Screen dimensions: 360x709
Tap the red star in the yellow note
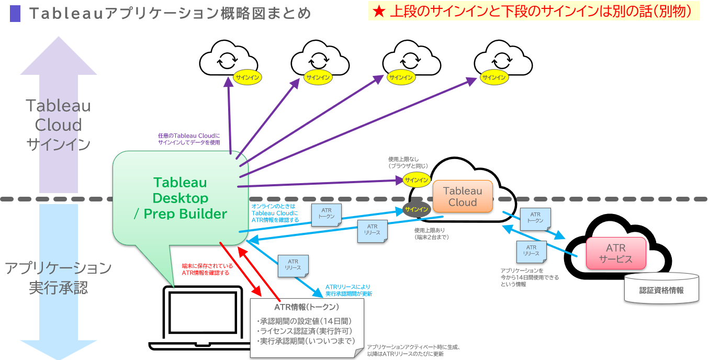click(x=378, y=10)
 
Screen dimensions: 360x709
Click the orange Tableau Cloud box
click(x=463, y=196)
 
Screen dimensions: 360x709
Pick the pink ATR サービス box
click(x=616, y=253)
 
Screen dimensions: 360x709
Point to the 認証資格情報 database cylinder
click(x=661, y=289)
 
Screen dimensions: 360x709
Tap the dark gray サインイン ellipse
click(x=416, y=210)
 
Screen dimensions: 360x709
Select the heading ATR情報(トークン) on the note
click(x=307, y=307)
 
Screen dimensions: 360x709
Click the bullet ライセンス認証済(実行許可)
click(x=304, y=331)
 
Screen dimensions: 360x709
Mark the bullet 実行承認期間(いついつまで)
click(x=306, y=341)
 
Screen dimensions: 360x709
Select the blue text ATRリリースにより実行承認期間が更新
click(x=348, y=290)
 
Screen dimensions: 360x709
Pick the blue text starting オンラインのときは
click(x=275, y=213)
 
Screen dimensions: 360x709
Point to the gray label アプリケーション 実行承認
click(x=58, y=277)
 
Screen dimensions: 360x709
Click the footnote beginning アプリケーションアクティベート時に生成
click(x=413, y=350)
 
